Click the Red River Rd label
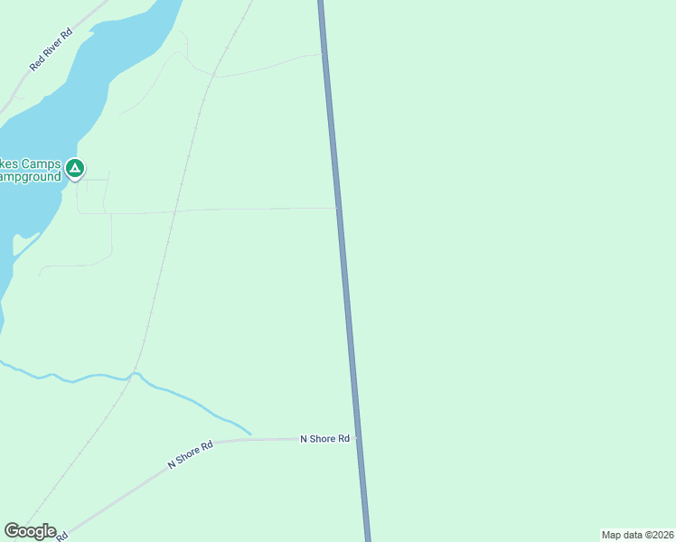point(51,49)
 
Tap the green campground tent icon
point(76,167)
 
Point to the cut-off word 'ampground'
point(30,177)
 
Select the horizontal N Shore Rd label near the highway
point(324,439)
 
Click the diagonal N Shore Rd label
point(190,454)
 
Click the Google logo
point(30,531)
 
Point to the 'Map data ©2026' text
point(637,535)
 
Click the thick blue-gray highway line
point(348,298)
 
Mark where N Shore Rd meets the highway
point(357,439)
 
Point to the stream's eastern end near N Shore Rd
point(249,433)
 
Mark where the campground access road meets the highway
point(339,208)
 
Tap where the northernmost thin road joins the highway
point(324,54)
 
